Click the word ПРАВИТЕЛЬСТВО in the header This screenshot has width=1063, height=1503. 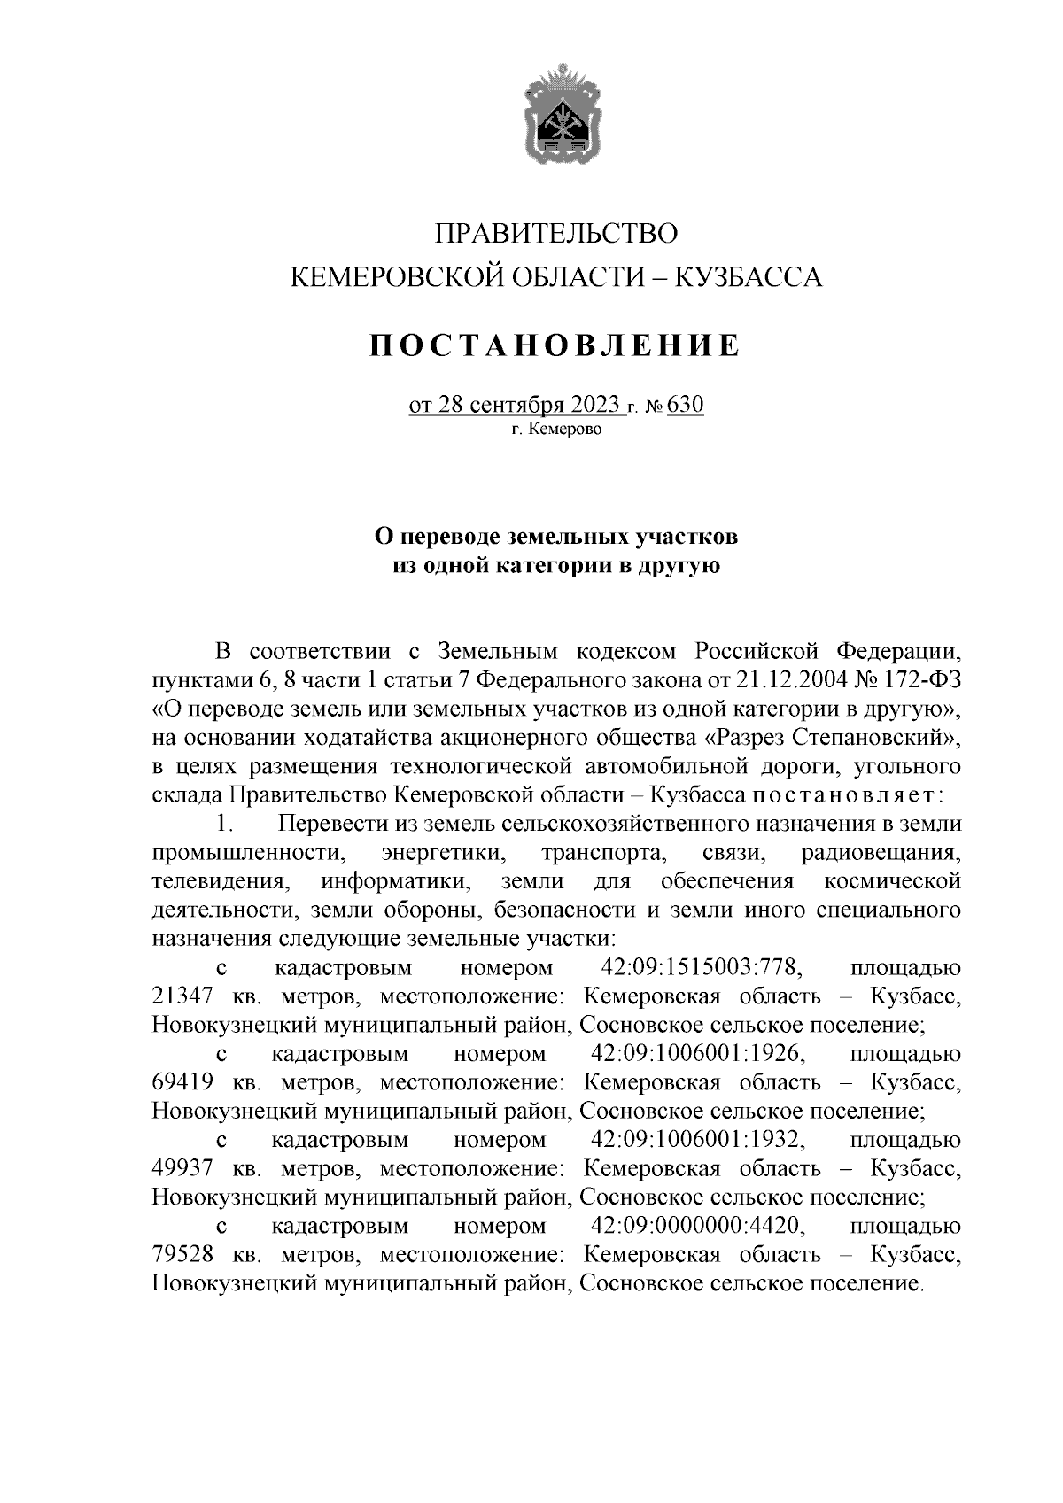[556, 234]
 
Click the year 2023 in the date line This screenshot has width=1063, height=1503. [589, 406]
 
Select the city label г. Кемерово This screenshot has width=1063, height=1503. [556, 430]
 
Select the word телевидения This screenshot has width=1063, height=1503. [221, 881]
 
